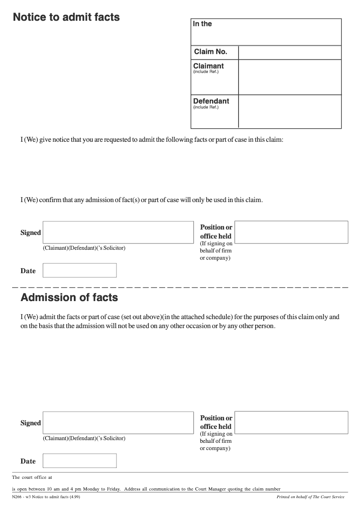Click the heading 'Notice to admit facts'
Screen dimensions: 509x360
click(66, 18)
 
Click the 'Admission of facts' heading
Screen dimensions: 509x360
click(69, 297)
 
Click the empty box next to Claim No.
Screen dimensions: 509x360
click(290, 52)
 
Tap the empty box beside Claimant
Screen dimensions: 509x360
click(290, 77)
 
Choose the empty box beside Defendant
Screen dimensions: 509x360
click(290, 111)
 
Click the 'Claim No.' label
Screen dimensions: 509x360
click(211, 52)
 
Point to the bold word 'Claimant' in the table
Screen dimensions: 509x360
click(208, 66)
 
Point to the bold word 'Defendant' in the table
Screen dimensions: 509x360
click(211, 101)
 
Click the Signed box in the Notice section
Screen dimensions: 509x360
click(118, 232)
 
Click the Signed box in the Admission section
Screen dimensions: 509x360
click(118, 423)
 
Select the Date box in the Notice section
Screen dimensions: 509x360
click(79, 270)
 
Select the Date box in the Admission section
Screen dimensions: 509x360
click(79, 461)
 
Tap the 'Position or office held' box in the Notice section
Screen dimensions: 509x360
click(291, 232)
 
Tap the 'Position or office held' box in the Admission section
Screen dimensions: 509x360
click(291, 423)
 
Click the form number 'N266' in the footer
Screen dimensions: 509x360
click(17, 497)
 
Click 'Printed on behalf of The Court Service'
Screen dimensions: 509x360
click(310, 497)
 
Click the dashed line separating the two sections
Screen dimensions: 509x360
click(180, 287)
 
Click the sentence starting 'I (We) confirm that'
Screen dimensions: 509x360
click(141, 200)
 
